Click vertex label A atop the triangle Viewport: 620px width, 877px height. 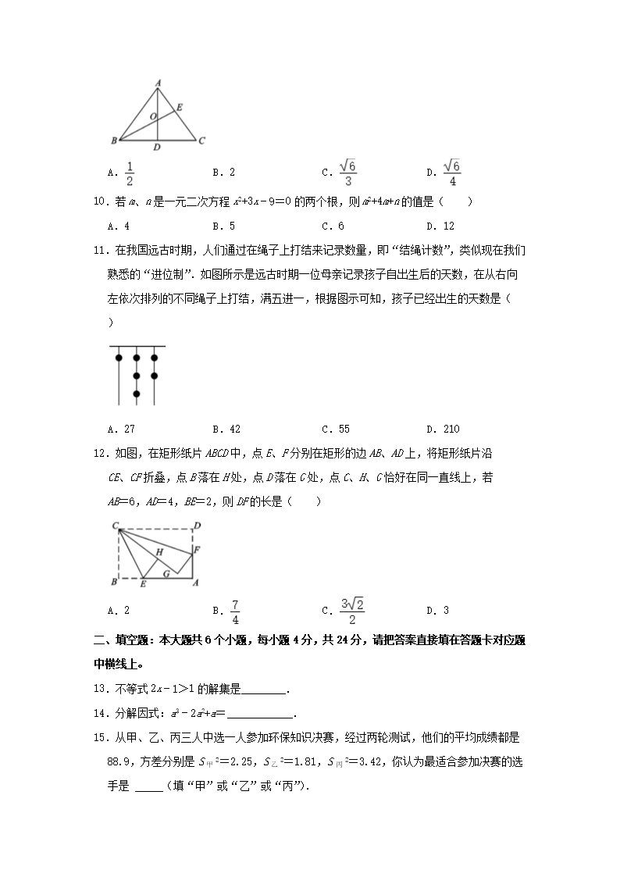click(x=158, y=81)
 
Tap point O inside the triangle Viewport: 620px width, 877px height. click(x=152, y=116)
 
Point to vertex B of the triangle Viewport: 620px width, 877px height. click(x=114, y=141)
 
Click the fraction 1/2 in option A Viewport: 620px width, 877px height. click(x=130, y=172)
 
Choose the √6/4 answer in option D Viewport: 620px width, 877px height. click(x=452, y=172)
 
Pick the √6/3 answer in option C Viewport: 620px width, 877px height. click(x=347, y=172)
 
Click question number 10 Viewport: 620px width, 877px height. click(x=99, y=202)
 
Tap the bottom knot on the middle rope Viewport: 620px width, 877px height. click(x=137, y=394)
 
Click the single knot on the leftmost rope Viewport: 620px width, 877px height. click(x=119, y=358)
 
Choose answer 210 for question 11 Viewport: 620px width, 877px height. click(x=451, y=429)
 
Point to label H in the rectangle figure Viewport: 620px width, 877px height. click(x=159, y=552)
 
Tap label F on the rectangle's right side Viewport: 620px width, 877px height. click(x=198, y=550)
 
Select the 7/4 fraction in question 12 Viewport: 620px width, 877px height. click(x=235, y=611)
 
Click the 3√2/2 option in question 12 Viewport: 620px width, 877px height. click(x=347, y=611)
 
